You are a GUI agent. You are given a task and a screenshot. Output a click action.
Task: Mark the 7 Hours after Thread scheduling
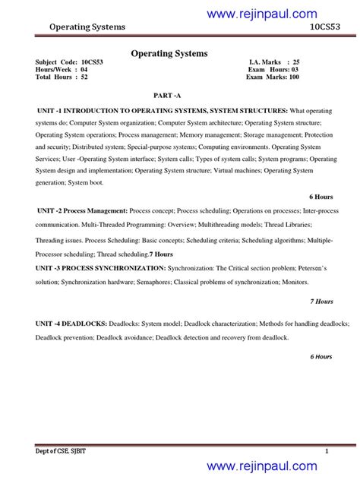click(161, 254)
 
